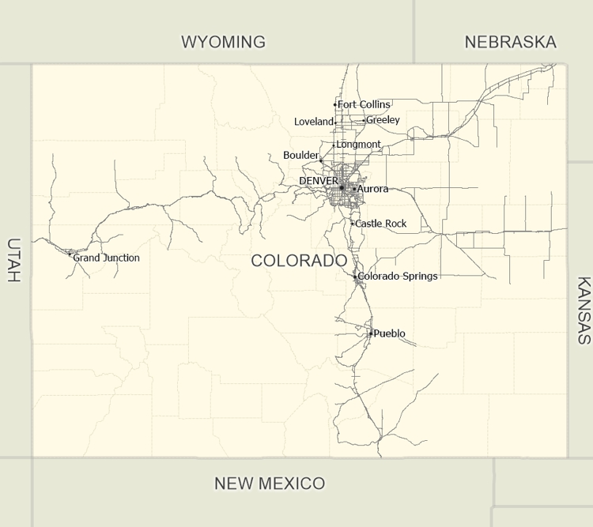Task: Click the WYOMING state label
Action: pos(223,42)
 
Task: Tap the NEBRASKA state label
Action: pos(510,42)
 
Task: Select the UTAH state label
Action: pos(13,260)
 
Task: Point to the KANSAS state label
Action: pos(584,310)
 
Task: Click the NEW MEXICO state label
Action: pos(270,483)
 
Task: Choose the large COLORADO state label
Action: pos(299,261)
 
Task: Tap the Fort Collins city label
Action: pos(364,104)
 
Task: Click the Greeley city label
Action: pos(383,120)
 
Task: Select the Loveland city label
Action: pos(314,122)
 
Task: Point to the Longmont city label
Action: pos(358,145)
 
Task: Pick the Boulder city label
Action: pos(300,156)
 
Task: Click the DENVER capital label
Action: pos(319,181)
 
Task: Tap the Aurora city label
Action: pos(373,190)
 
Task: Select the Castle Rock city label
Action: pos(381,224)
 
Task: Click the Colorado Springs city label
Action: pos(398,277)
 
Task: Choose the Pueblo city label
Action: pos(390,333)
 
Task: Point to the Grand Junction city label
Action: pos(107,258)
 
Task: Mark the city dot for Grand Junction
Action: pos(70,254)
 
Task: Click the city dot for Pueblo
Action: pos(370,333)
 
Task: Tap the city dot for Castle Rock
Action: pos(353,224)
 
